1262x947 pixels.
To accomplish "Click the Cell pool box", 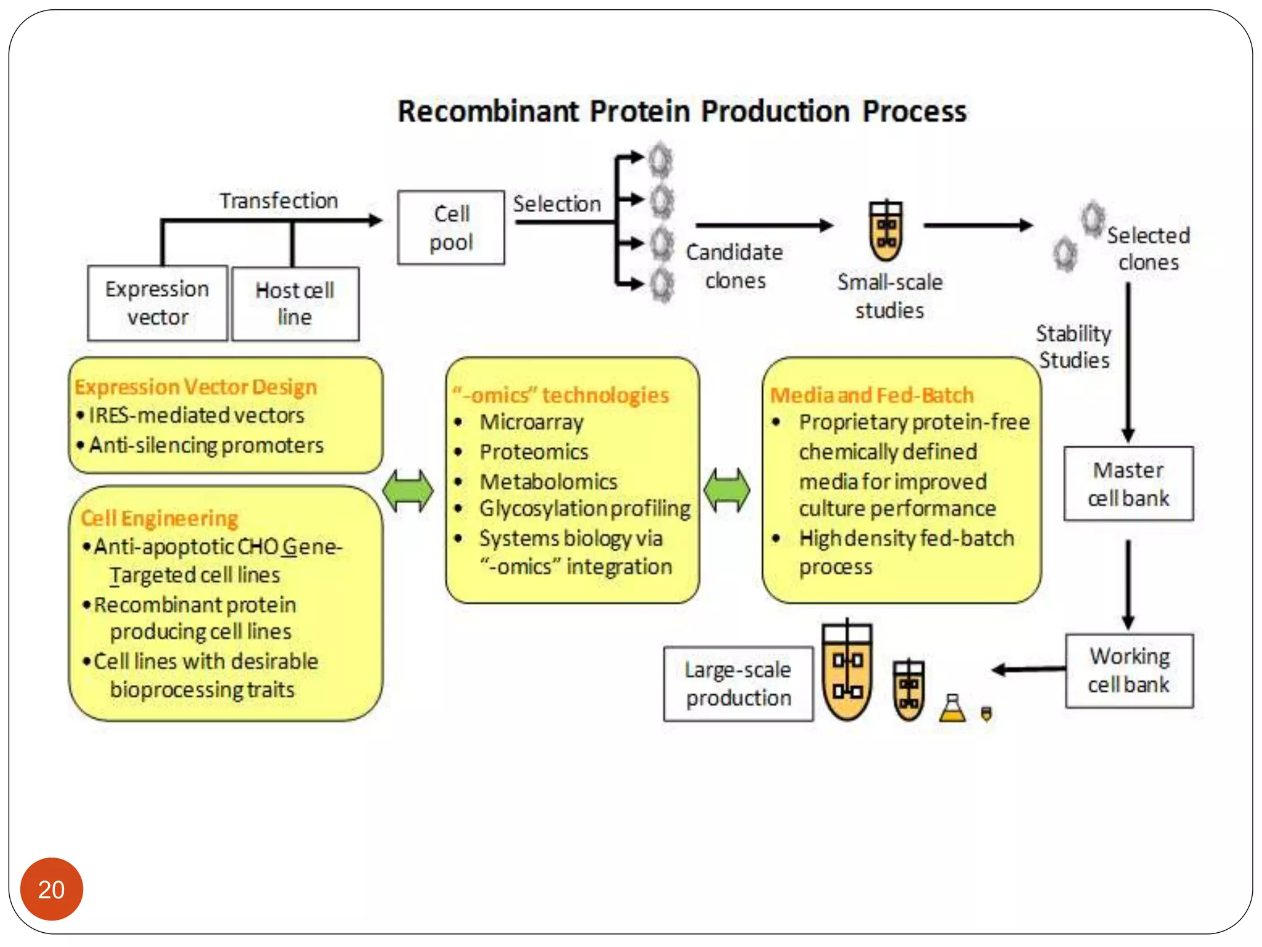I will pos(451,228).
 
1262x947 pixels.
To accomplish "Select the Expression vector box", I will pos(158,303).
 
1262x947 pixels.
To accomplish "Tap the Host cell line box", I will pos(295,303).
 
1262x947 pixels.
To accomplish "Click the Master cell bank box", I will pos(1128,484).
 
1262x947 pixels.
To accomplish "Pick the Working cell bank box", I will pos(1129,670).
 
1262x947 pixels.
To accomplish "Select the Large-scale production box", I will pos(738,684).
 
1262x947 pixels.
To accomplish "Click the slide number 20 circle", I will pos(51,888).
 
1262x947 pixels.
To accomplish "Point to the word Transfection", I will pos(279,200).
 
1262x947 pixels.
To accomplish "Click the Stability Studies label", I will pos(1073,346).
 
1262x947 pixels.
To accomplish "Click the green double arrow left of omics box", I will pos(408,491).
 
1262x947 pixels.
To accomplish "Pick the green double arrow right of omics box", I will pos(727,491).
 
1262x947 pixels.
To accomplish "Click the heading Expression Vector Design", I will pos(195,387).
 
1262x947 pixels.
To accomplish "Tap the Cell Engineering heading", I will pos(159,519).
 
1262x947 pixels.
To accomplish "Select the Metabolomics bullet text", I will pos(548,482).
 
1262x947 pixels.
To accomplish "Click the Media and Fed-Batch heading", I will pos(871,395).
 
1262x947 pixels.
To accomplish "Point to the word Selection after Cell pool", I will pos(557,204).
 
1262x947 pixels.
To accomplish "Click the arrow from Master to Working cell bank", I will pos(1128,583).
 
